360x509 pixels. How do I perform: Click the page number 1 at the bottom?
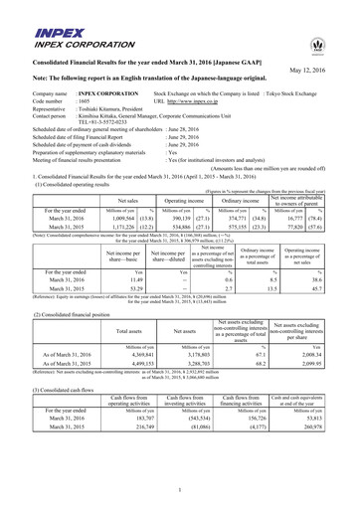pyautogui.click(x=180, y=490)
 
